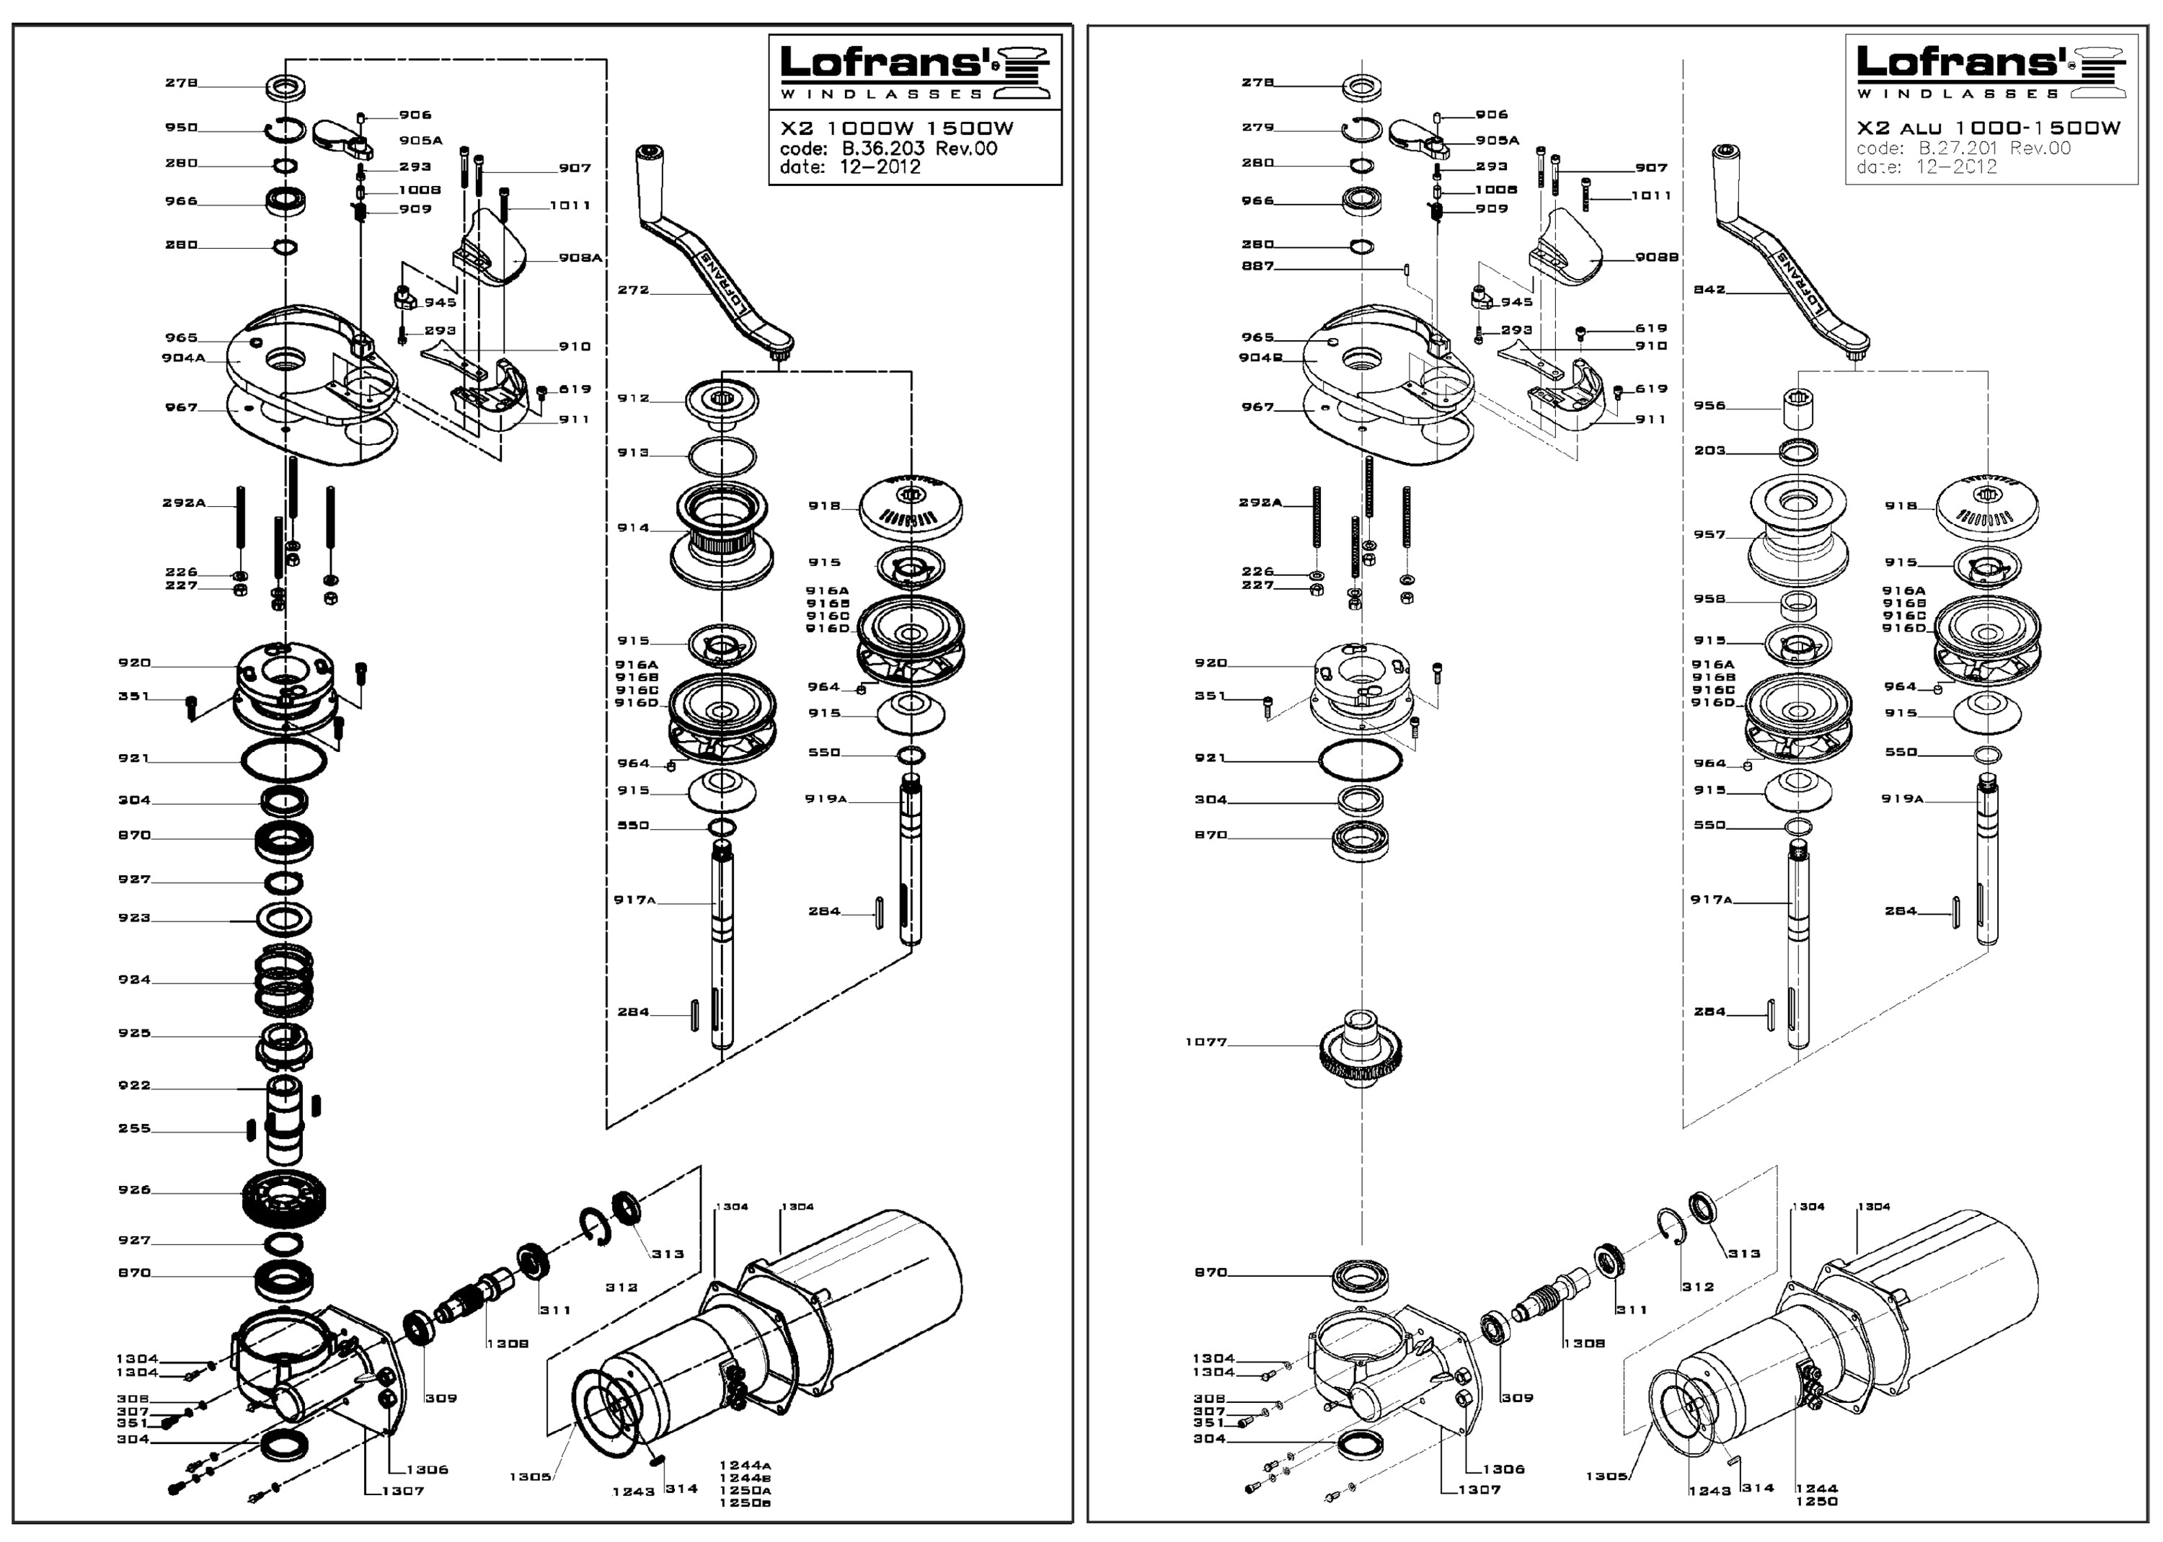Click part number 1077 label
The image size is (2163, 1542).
click(1206, 1042)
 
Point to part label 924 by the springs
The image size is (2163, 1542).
click(134, 980)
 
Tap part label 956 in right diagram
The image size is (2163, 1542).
click(1709, 405)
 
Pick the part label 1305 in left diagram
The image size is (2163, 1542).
click(530, 1476)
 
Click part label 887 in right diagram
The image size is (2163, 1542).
click(1257, 266)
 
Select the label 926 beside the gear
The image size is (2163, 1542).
click(134, 1189)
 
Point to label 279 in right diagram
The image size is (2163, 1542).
click(1257, 127)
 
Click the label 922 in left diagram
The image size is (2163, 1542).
click(134, 1085)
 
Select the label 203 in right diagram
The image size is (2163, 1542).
click(1709, 450)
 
